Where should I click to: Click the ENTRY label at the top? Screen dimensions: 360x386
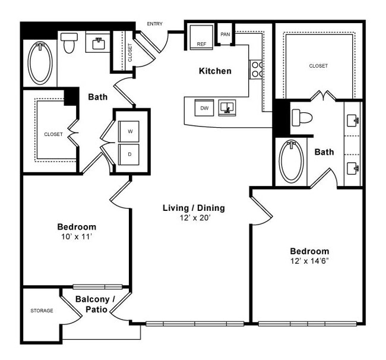click(x=154, y=24)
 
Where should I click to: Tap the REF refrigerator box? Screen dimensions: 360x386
click(x=201, y=37)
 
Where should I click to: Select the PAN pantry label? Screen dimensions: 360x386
click(x=225, y=34)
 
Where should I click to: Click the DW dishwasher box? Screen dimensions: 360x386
click(x=204, y=108)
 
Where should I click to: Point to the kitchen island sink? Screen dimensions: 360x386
click(x=227, y=108)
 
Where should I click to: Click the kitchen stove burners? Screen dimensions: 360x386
click(x=257, y=70)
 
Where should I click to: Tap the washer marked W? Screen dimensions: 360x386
click(x=129, y=130)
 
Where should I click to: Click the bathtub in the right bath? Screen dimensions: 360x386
click(x=291, y=161)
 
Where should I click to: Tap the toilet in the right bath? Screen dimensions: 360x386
click(x=302, y=117)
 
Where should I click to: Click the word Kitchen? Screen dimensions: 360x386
click(x=215, y=71)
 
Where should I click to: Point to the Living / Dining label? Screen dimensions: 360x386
click(x=194, y=208)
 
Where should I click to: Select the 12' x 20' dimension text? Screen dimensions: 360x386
click(x=194, y=218)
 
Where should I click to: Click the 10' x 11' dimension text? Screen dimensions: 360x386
click(x=77, y=236)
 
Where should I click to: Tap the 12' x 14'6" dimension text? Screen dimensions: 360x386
click(x=309, y=261)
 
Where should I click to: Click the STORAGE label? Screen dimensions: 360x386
click(x=42, y=311)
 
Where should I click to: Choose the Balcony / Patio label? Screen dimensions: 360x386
click(x=94, y=304)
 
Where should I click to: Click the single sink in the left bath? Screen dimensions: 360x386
click(x=99, y=43)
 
